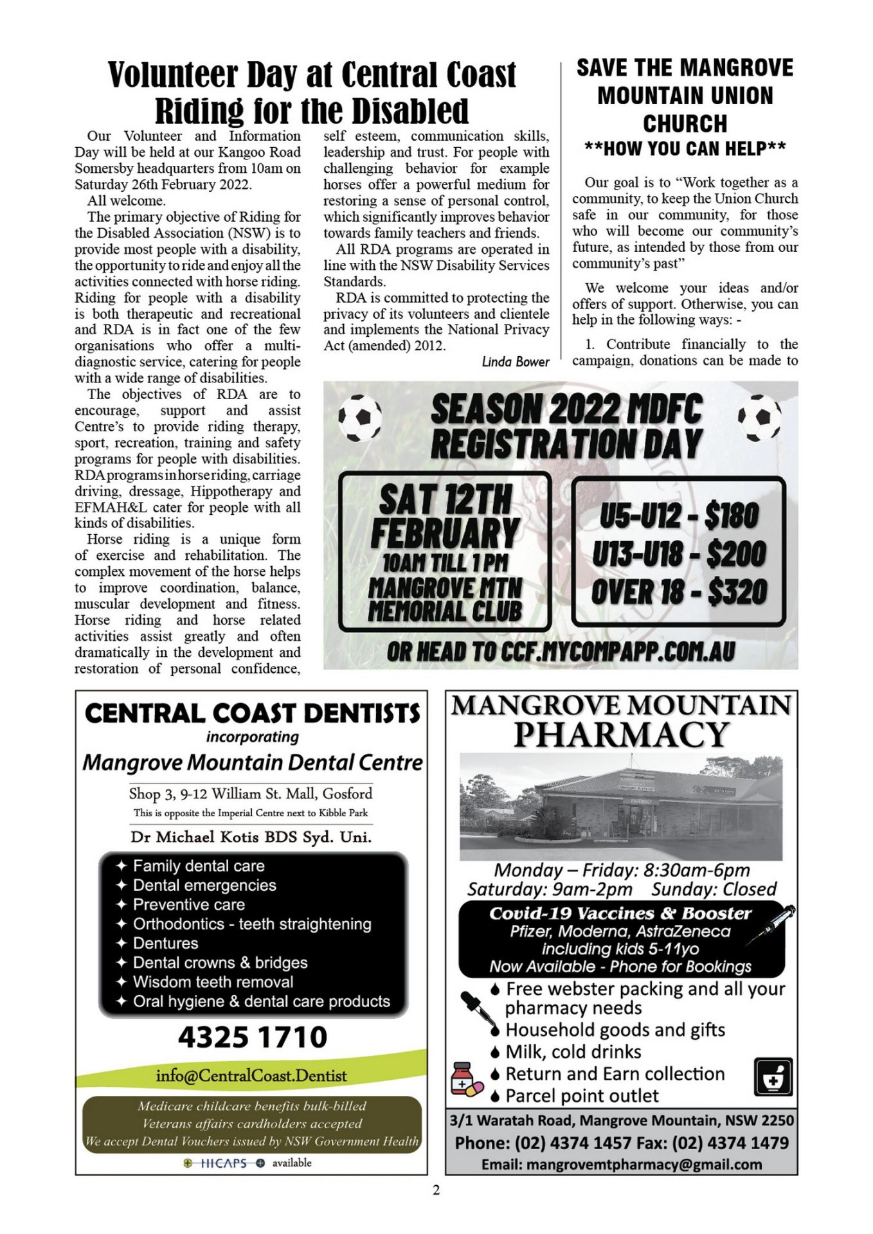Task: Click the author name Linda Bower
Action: tap(515, 362)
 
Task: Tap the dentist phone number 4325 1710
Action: tap(252, 1037)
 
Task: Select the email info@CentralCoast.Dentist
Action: tap(251, 1075)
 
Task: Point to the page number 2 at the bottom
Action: tap(436, 1190)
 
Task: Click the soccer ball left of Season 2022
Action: tap(359, 417)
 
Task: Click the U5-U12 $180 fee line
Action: tap(679, 515)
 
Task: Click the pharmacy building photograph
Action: tap(621, 807)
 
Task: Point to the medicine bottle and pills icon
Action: tap(466, 1080)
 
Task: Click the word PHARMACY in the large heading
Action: tap(621, 735)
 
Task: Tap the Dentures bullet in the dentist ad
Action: tap(165, 943)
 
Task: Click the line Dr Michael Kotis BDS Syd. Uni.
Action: tap(251, 837)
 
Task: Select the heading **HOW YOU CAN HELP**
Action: tap(685, 148)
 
